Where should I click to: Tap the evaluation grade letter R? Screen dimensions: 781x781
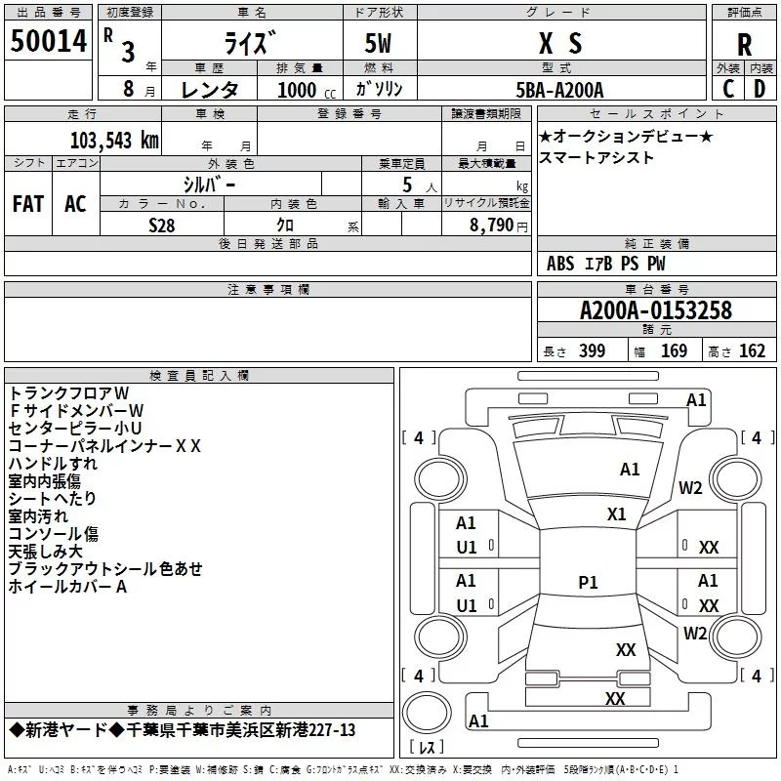point(744,45)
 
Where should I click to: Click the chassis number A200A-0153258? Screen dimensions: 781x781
point(655,310)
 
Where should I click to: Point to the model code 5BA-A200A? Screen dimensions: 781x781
point(559,90)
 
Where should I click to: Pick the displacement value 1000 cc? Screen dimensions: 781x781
point(299,90)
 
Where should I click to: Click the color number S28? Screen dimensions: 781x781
point(163,225)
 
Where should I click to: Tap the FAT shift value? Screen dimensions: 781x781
point(28,203)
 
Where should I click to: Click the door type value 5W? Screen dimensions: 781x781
point(380,43)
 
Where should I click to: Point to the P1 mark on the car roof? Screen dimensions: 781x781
point(588,583)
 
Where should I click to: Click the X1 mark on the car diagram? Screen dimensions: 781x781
point(616,514)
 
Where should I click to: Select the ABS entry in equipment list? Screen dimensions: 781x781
point(560,264)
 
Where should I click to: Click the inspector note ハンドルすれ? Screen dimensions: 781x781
point(53,464)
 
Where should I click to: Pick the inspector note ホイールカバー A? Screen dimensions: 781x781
point(67,587)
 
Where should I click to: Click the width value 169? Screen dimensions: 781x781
point(674,351)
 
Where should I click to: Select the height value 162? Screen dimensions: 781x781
point(752,351)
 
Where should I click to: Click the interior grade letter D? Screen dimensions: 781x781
point(760,90)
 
